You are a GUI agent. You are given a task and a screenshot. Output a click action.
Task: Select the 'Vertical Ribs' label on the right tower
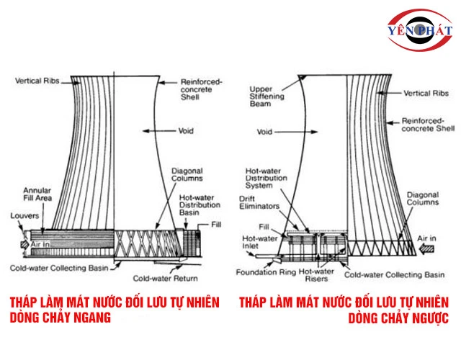pyautogui.click(x=426, y=94)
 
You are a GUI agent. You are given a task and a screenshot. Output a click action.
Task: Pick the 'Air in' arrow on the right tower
pyautogui.click(x=431, y=244)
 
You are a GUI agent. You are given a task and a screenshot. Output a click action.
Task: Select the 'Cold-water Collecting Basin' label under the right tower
pyautogui.click(x=394, y=274)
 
